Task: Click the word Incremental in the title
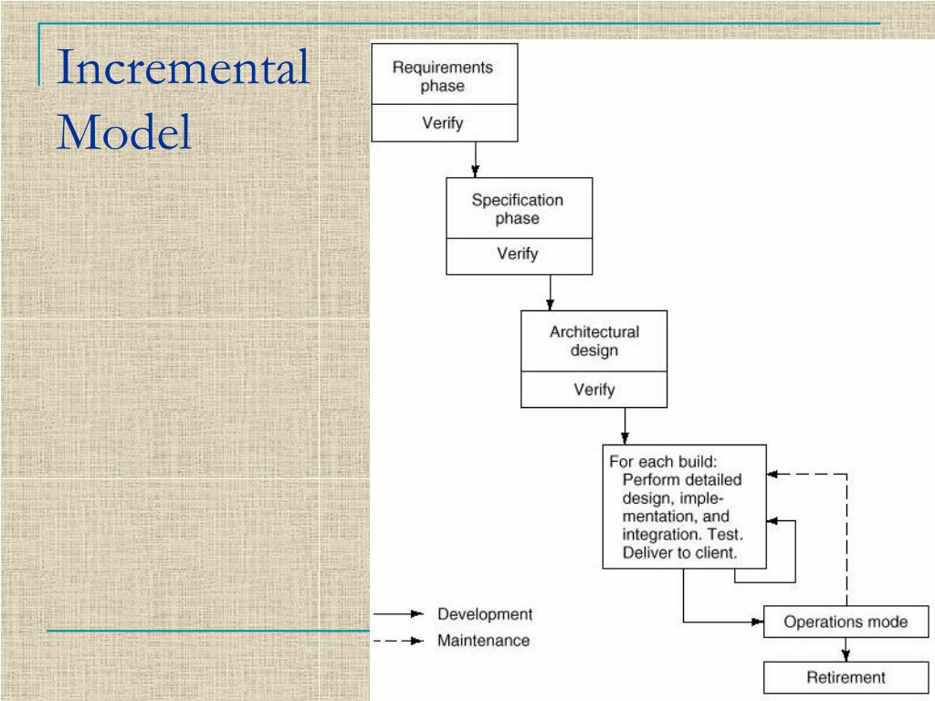pos(183,70)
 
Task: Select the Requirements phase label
pos(443,77)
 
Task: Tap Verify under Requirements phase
pos(443,123)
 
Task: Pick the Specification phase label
pos(518,209)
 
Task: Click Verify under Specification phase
pos(518,255)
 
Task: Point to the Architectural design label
pos(594,341)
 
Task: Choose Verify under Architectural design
pos(594,389)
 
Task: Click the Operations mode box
pos(846,623)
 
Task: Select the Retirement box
pos(846,677)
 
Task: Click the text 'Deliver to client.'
pos(680,552)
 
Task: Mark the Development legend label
pos(484,614)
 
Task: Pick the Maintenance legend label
pos(483,641)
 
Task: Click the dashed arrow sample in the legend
pos(399,641)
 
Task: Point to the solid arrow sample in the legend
pos(399,614)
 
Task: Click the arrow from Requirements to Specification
pos(475,159)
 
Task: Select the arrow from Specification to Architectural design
pos(550,291)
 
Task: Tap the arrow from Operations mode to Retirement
pos(846,649)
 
